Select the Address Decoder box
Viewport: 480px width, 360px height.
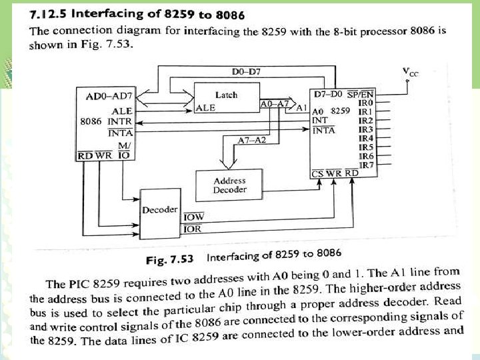(229, 185)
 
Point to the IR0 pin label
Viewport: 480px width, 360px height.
(365, 103)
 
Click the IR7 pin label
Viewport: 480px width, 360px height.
(366, 164)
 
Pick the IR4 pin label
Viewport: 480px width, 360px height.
(365, 138)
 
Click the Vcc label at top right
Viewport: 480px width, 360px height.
(411, 72)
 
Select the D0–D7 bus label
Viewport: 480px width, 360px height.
(245, 71)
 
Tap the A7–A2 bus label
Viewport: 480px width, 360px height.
(251, 140)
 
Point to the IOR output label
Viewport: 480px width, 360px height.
(192, 229)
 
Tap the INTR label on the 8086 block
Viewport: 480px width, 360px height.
(119, 122)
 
